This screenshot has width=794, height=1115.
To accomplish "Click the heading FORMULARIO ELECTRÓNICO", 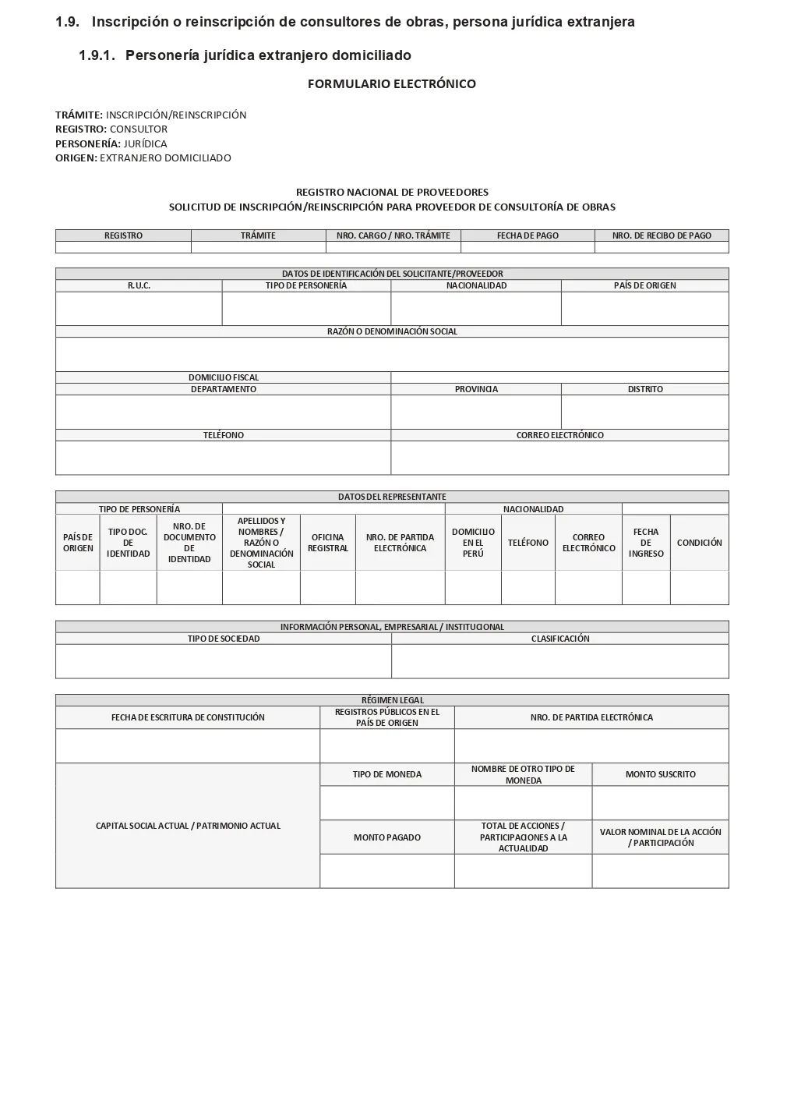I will coord(391,83).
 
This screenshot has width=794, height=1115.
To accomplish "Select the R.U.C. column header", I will coord(139,285).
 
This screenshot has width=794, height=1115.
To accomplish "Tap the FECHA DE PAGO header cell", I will coord(528,235).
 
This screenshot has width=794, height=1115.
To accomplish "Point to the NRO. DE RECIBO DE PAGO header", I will coord(662,235).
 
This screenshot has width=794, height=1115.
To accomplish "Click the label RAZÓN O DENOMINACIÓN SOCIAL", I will coord(392,331).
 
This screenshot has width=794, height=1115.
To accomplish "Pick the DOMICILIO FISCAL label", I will coord(224,377).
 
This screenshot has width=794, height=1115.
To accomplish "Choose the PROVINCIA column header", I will coord(476,389).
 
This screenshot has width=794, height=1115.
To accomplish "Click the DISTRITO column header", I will coord(645,389).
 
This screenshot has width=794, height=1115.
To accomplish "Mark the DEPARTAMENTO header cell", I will coord(224,389).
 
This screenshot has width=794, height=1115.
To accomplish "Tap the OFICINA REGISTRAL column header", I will coord(327,543).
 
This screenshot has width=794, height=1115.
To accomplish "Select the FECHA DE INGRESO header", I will coord(646,543).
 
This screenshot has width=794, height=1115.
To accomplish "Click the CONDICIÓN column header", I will coord(699,543).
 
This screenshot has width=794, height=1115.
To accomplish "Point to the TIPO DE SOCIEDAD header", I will coord(224,639).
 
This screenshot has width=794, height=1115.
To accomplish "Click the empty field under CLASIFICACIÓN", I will coord(560,661).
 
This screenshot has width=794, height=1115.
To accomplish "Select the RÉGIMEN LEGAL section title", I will coord(392,700).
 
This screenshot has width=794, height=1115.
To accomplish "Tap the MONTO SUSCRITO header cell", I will coord(660,774).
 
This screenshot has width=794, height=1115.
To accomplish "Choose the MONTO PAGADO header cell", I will coord(386,837).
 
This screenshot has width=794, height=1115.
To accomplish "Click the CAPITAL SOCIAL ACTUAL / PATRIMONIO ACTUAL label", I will coord(188,826).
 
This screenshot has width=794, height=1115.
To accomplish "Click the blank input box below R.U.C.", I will coord(139,309).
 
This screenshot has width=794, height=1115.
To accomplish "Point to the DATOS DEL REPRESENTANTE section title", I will coord(392,497).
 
